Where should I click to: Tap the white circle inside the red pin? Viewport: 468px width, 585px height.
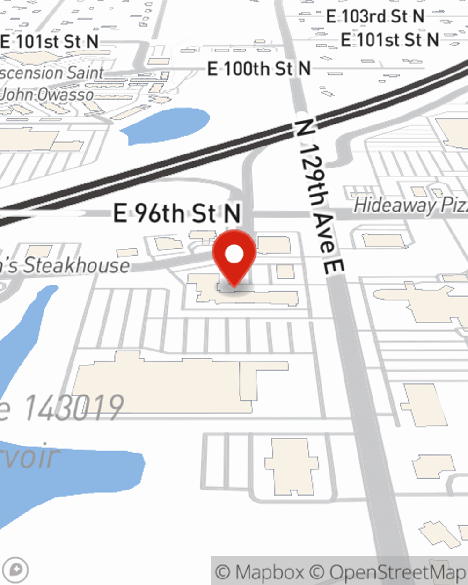tap(234, 254)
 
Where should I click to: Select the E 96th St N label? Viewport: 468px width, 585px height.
tap(177, 214)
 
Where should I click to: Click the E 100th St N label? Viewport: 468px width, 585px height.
tap(259, 69)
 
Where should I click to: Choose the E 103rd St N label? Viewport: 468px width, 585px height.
tap(375, 17)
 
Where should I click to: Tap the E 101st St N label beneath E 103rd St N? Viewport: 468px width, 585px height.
tap(389, 40)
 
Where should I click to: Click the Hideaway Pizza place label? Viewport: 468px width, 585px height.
tap(410, 205)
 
